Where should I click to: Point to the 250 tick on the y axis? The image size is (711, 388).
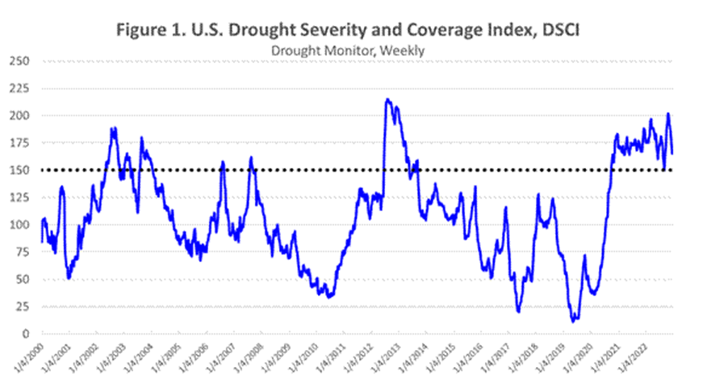click(23, 61)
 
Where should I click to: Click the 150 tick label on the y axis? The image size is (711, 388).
click(23, 170)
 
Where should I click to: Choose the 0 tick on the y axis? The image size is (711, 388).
click(29, 334)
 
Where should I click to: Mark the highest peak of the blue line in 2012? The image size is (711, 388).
click(388, 99)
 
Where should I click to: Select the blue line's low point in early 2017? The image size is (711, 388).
click(518, 311)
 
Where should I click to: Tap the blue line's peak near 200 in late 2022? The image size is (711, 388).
click(667, 114)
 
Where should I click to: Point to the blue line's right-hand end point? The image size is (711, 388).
click(673, 153)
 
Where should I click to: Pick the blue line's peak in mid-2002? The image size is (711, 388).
click(113, 128)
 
